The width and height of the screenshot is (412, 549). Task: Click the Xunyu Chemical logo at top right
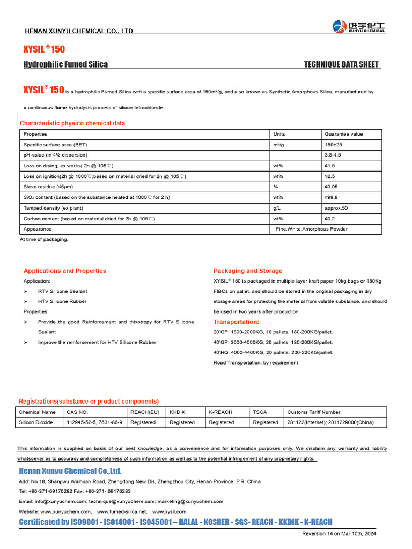click(359, 27)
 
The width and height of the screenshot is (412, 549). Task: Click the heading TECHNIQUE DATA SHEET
click(341, 64)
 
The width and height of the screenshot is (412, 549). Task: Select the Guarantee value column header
click(343, 134)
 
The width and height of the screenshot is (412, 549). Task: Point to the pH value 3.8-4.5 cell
click(333, 155)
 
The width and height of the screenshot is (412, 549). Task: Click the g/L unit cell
click(277, 208)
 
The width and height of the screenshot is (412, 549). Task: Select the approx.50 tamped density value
click(336, 208)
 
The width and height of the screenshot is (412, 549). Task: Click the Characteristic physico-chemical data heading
click(72, 123)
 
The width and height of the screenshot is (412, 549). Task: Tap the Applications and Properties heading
click(65, 271)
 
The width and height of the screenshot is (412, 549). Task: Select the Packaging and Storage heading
click(248, 271)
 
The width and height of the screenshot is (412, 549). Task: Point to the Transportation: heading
click(236, 322)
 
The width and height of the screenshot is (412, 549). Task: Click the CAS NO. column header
click(77, 412)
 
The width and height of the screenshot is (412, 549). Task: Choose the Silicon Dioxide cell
click(36, 422)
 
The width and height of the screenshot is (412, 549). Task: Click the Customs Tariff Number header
click(314, 412)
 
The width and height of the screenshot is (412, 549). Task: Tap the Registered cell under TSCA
click(266, 422)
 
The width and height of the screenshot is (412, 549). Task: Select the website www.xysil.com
click(170, 511)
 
